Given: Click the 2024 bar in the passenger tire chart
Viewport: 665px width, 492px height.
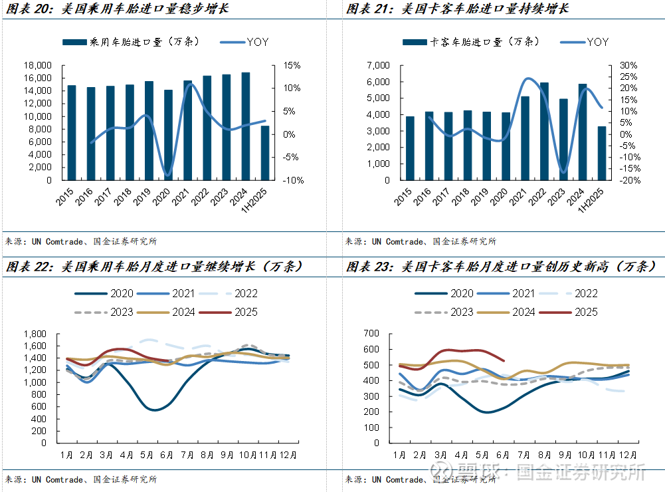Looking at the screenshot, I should pyautogui.click(x=246, y=126).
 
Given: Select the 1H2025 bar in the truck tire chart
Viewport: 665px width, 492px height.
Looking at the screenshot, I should pyautogui.click(x=602, y=153).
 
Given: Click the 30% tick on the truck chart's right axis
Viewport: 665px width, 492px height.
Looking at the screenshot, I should pyautogui.click(x=628, y=66).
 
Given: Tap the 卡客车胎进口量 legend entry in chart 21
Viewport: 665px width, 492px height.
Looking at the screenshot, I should pyautogui.click(x=465, y=42).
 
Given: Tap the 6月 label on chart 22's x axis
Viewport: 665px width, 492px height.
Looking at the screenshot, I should pyautogui.click(x=167, y=455).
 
